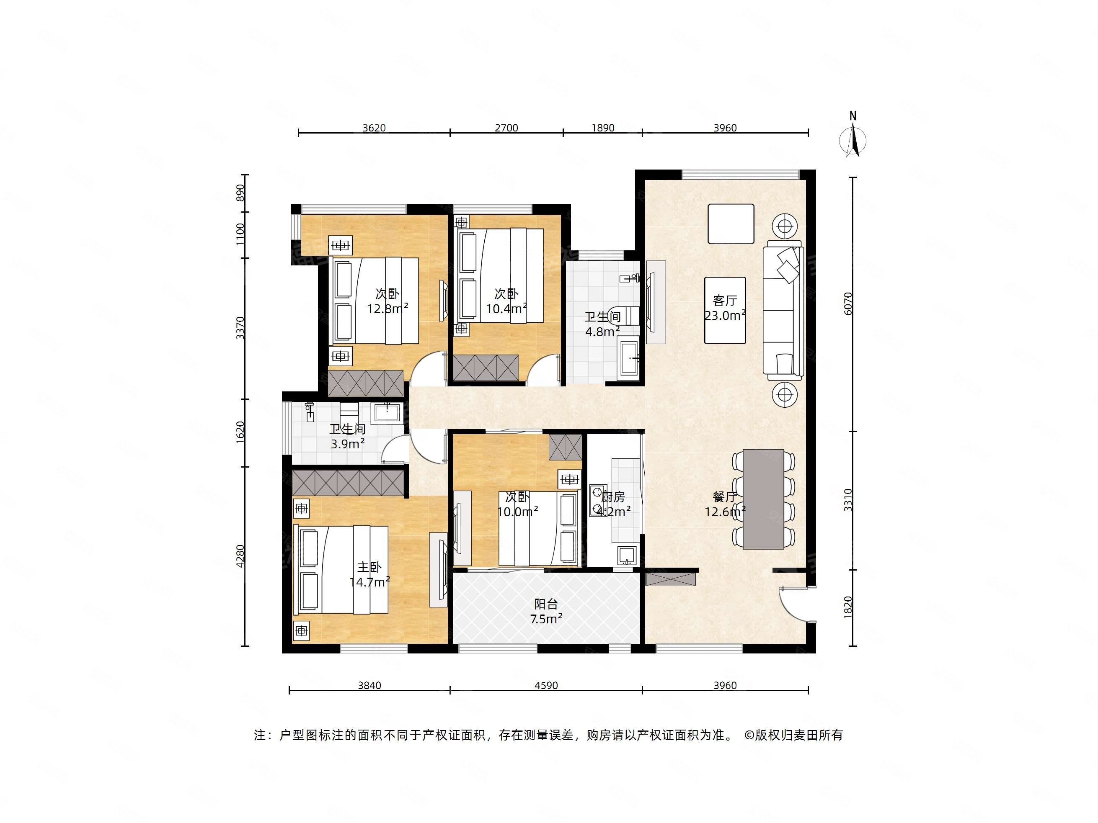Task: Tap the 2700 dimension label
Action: click(506, 128)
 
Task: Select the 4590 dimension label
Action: click(546, 686)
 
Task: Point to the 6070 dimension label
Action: click(848, 303)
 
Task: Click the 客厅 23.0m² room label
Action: click(725, 308)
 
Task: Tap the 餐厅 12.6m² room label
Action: click(725, 504)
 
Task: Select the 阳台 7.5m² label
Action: click(546, 611)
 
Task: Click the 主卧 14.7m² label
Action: click(369, 574)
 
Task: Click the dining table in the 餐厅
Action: click(763, 499)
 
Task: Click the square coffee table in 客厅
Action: click(731, 224)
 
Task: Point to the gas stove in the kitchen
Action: click(598, 500)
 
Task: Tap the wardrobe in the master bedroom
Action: click(348, 483)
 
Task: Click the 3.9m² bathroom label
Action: click(348, 437)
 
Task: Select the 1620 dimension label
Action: click(240, 432)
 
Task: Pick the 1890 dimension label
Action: click(602, 128)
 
